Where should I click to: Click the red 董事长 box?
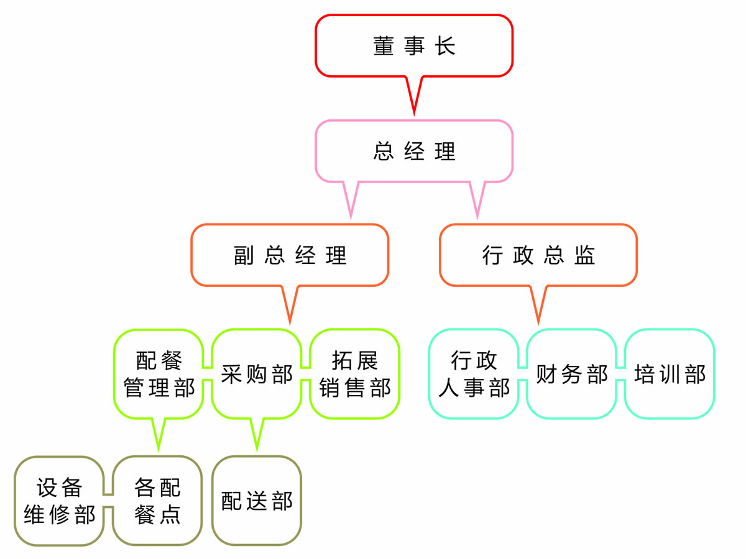pos(414,46)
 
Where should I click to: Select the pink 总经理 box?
pos(414,151)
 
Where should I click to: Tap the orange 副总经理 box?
pos(290,255)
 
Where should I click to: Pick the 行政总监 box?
pos(538,255)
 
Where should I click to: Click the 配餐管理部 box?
pos(159,374)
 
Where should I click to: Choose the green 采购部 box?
pos(256,374)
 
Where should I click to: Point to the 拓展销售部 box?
pos(354,374)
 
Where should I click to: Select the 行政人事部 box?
pos(474,374)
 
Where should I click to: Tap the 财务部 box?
pos(571,374)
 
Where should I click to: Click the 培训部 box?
pos(670,374)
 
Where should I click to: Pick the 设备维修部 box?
pos(59,501)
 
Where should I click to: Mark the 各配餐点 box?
pos(157,501)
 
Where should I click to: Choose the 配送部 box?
pos(256,501)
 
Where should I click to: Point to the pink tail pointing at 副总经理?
pos(351,199)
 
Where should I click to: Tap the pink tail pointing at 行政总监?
pos(477,199)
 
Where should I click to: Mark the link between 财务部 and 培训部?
pos(620,374)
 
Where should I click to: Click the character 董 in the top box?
pos(384,46)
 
